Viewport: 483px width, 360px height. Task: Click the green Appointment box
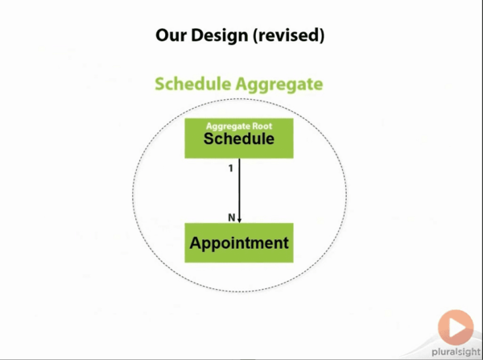(239, 242)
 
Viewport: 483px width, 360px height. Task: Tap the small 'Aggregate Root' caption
(239, 126)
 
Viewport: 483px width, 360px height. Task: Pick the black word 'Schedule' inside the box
(239, 140)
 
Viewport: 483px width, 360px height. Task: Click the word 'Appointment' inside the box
(239, 242)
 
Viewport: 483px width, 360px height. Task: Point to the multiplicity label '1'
(230, 169)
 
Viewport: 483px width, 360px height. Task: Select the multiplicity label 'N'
(231, 216)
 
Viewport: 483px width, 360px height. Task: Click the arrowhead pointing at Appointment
(239, 218)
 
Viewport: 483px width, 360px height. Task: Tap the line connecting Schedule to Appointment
(239, 189)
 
